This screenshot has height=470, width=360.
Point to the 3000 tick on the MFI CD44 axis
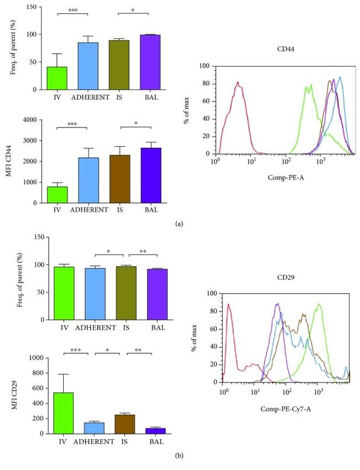click(37, 140)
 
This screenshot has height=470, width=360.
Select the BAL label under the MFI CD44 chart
click(150, 211)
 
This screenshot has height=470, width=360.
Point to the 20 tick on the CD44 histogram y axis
click(206, 136)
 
